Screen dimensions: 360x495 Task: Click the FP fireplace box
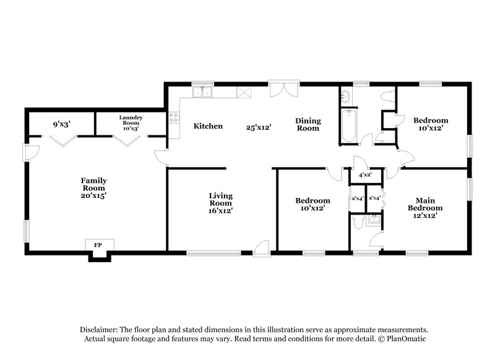coord(98,245)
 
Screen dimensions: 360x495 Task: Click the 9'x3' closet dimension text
coord(61,124)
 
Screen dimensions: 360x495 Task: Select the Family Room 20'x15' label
coord(94,187)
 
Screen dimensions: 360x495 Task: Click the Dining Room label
coord(307,124)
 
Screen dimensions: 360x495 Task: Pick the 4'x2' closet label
coord(365,176)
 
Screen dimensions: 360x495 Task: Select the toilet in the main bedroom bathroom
coord(356,221)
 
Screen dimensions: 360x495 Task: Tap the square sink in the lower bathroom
coord(373,220)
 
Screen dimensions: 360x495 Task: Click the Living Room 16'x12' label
coord(220,203)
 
